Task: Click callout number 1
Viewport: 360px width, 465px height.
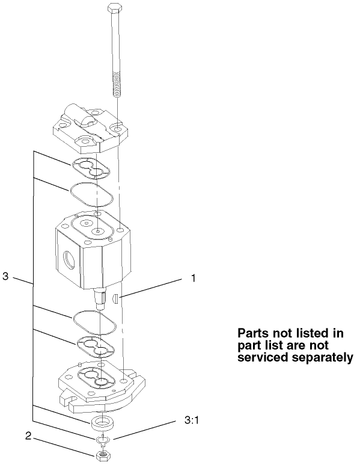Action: [194, 279]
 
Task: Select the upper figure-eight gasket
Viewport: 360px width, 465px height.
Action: [91, 168]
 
